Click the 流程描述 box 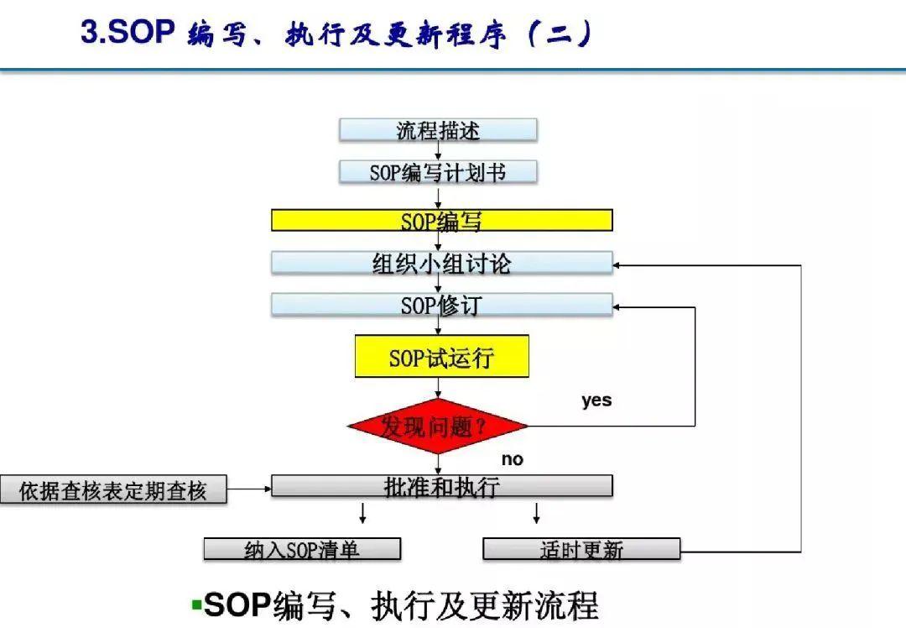(438, 130)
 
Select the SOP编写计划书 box (438, 172)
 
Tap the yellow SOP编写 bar (441, 220)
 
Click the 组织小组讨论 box (441, 263)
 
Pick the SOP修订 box (441, 305)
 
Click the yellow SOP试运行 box (441, 357)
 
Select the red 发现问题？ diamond (438, 427)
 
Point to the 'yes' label (596, 400)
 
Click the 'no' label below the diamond (512, 459)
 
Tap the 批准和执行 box (441, 486)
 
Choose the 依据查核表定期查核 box (113, 490)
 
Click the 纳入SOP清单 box (302, 550)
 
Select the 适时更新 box (581, 550)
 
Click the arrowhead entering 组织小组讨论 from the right (619, 265)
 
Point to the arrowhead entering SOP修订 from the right (619, 307)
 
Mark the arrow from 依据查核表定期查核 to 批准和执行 (249, 487)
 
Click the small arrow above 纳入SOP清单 (362, 513)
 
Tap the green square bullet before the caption (196, 604)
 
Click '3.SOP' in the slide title (127, 34)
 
